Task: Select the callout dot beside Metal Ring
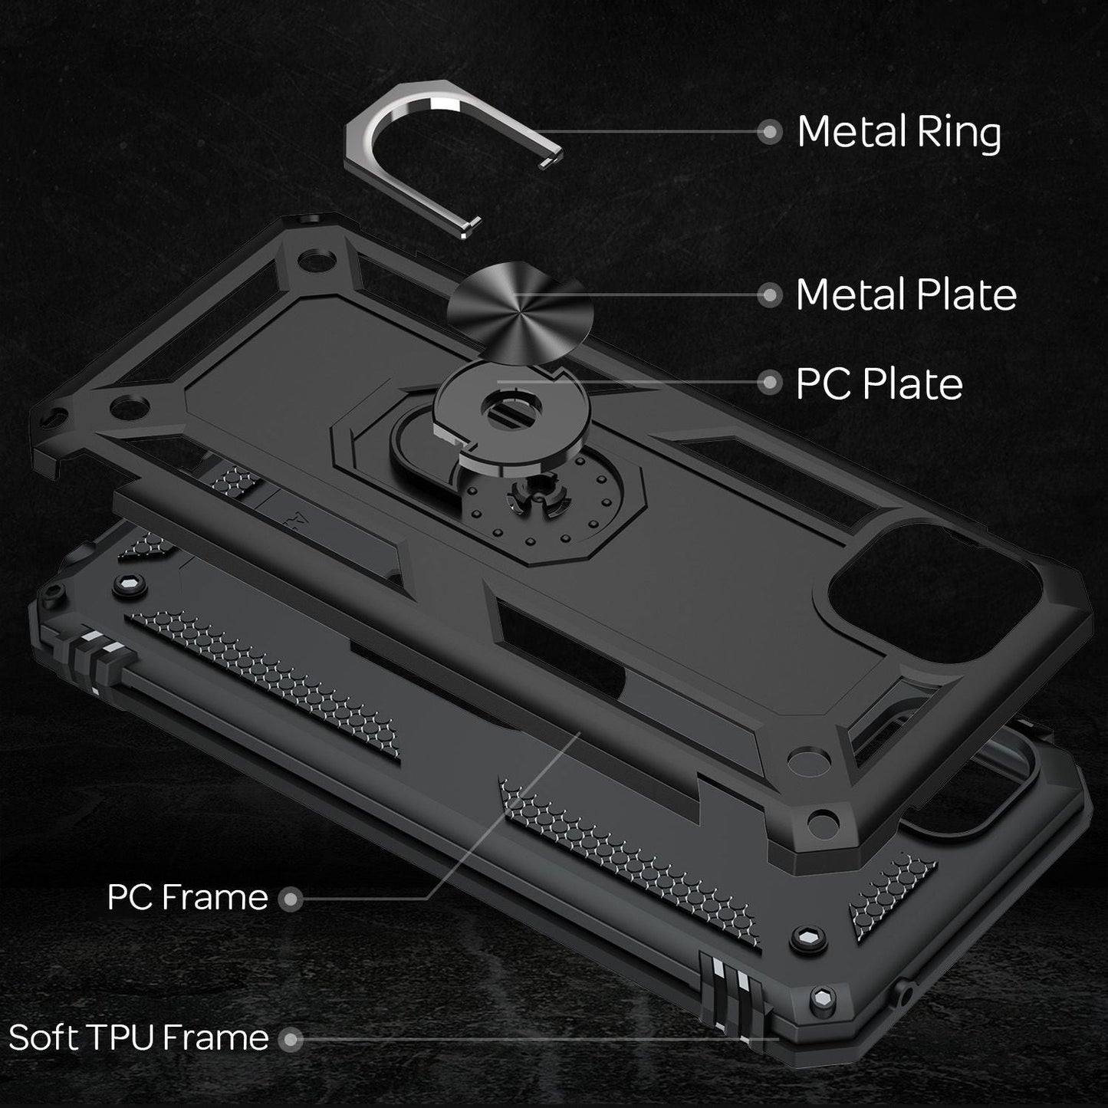[768, 132]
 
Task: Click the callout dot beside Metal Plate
[768, 294]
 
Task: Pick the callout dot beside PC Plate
[768, 383]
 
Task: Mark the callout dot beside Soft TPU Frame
[290, 1039]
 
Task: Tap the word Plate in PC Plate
[912, 383]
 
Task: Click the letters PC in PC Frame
[130, 897]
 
